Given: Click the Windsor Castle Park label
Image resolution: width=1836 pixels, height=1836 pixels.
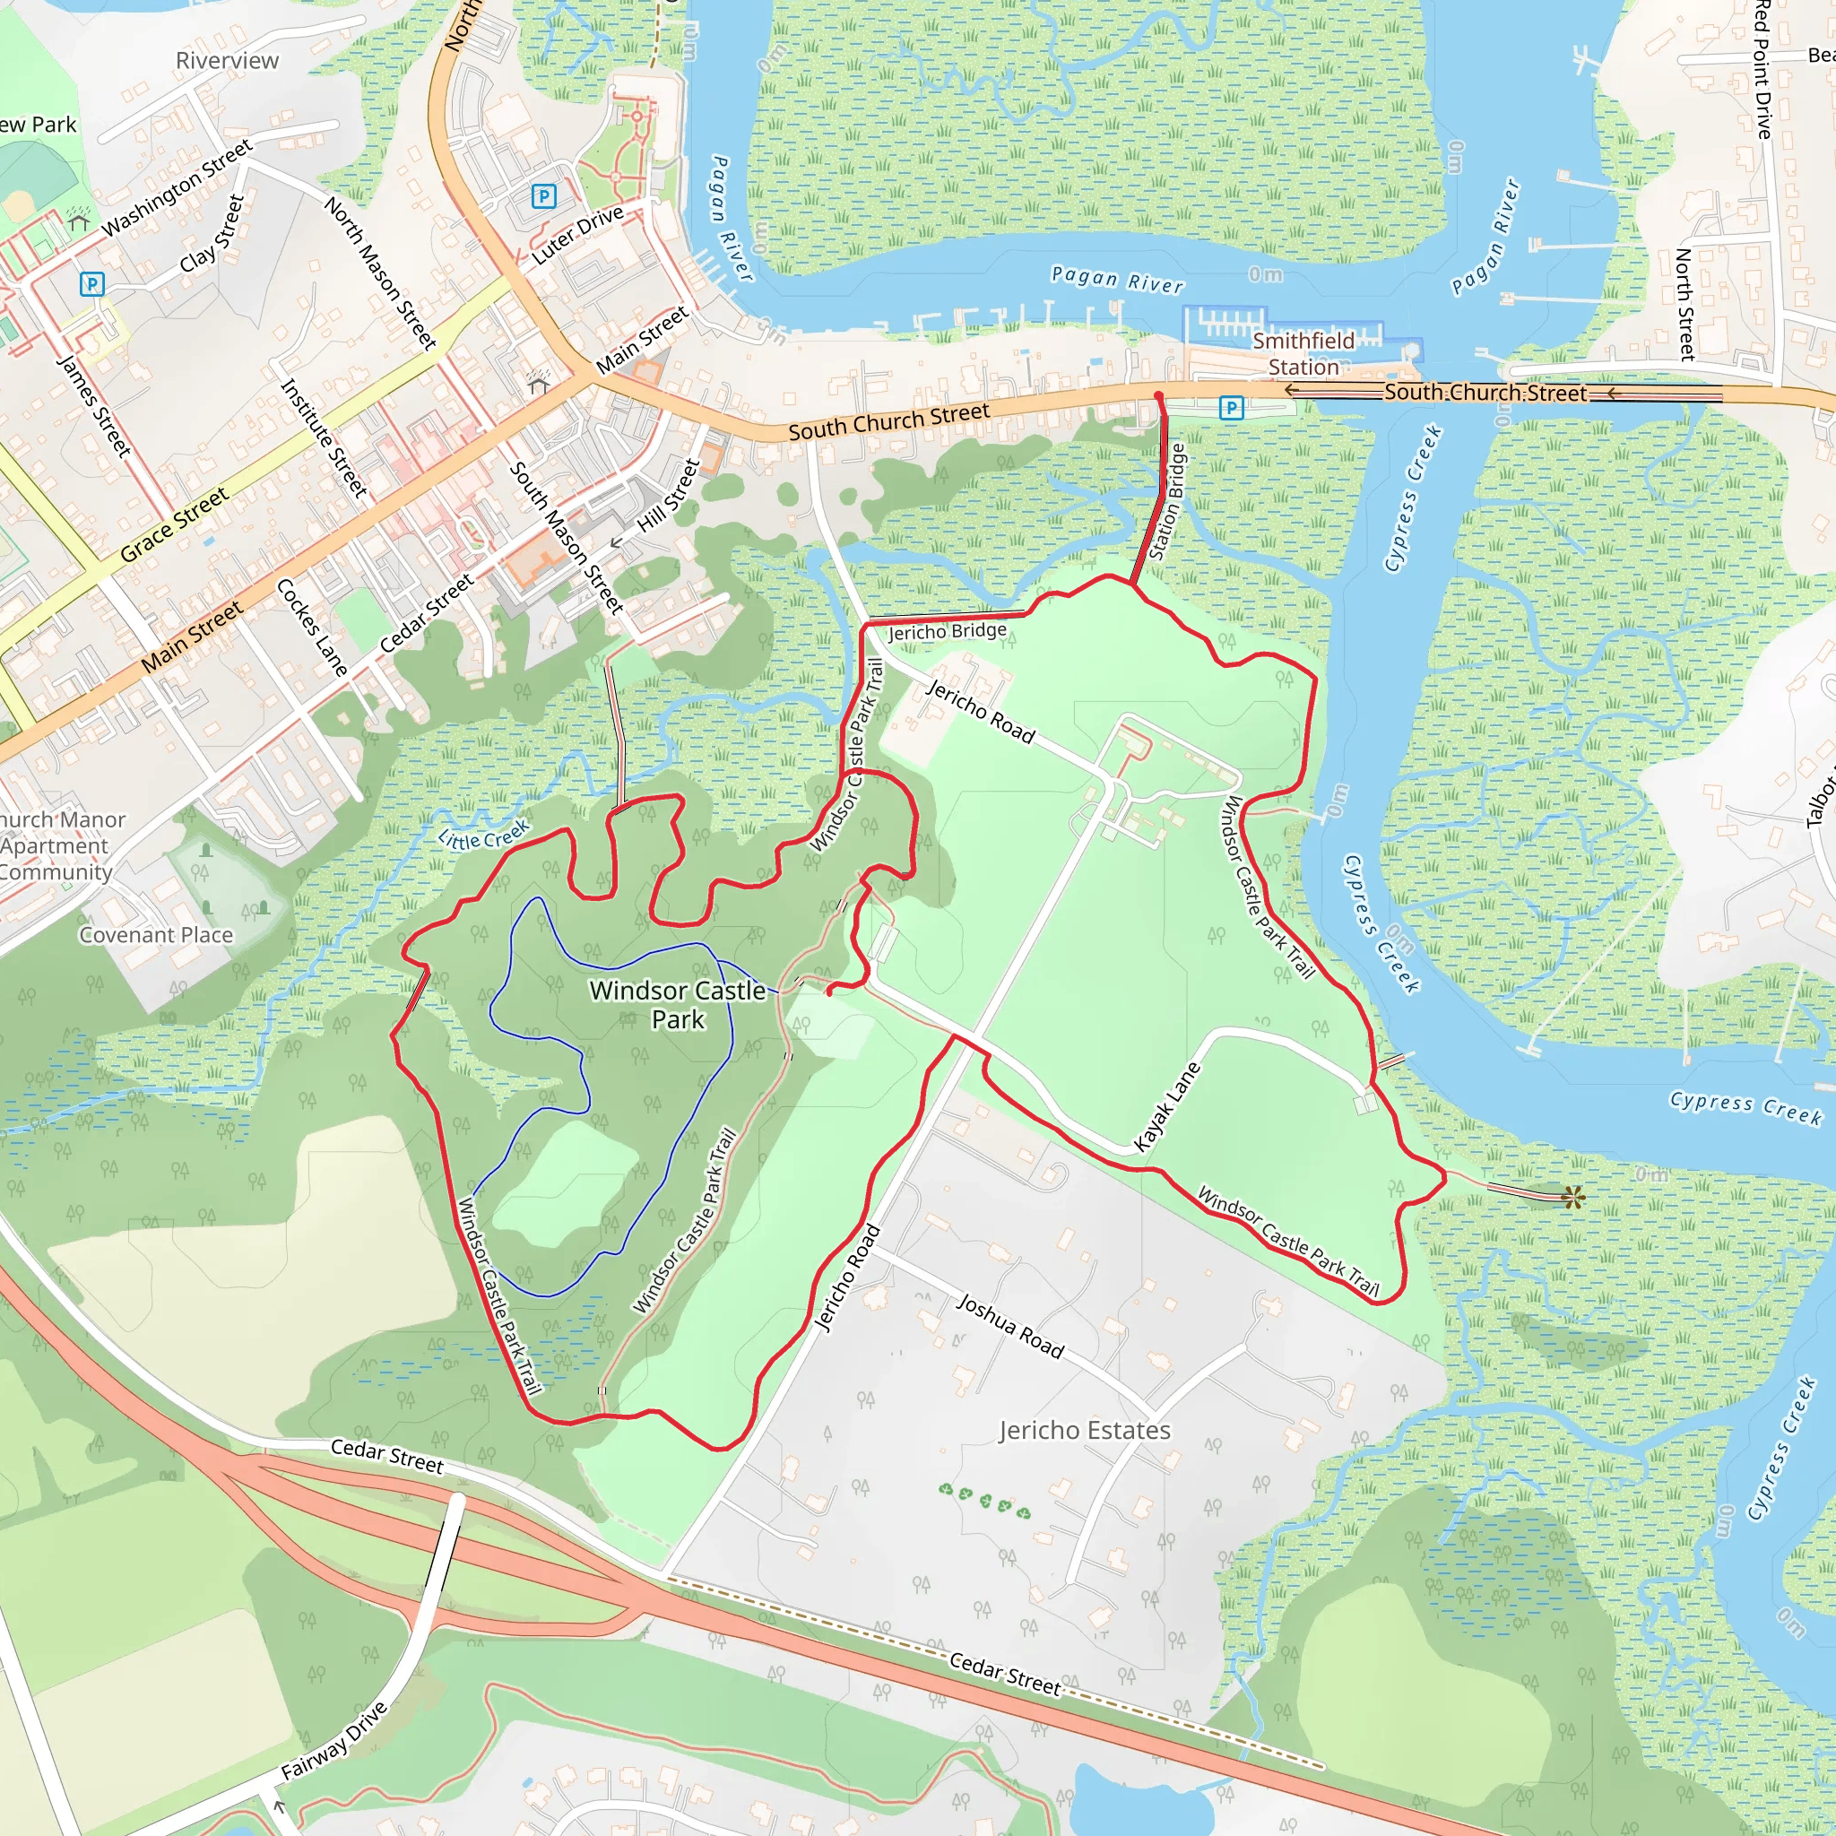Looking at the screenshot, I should coord(677,1004).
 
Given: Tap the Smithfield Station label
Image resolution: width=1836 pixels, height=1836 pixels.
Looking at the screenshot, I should coord(1303,353).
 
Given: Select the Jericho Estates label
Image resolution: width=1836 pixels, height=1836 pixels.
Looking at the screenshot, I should coord(1085,1430).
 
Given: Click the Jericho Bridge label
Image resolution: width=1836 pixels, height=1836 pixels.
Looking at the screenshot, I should coord(947,631).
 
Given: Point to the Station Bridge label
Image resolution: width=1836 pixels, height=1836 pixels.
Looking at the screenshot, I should coord(1167,501).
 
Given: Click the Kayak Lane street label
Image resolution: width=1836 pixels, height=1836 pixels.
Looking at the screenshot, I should coord(1167,1107).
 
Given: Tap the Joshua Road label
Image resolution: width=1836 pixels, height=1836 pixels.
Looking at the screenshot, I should coord(1009,1326).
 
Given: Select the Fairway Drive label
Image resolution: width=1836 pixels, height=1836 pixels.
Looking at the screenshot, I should coord(334,1740).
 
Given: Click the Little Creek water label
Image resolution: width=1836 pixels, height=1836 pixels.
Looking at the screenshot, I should coord(484,836).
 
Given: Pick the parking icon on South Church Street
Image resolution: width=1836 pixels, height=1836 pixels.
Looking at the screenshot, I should coord(1231,409).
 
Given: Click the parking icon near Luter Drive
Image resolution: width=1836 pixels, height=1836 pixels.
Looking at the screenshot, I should coord(543,196).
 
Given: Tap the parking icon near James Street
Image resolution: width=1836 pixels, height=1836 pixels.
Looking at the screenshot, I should coord(92,283).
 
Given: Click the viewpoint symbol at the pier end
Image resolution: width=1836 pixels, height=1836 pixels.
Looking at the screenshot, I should coord(1572,1198).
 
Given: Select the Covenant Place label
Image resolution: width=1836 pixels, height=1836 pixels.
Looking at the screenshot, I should coord(156,935).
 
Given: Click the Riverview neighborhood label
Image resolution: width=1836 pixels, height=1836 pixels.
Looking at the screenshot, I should coord(227,61).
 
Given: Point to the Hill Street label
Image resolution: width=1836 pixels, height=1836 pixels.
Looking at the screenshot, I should coord(668,495).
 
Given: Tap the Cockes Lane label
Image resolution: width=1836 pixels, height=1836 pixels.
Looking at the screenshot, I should coord(312,628).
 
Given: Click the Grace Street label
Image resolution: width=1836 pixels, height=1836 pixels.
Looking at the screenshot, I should coord(174,524).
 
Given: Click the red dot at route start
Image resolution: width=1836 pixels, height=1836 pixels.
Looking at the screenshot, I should coord(1158,395).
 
